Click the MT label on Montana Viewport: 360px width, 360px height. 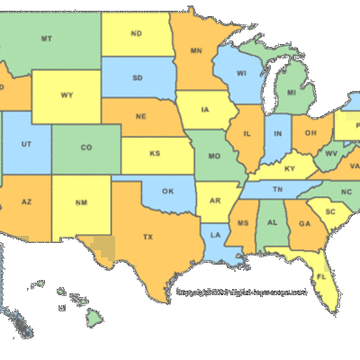[46, 39]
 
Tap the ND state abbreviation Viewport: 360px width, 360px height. [136, 34]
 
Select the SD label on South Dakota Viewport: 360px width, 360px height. [138, 77]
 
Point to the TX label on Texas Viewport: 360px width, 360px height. [147, 238]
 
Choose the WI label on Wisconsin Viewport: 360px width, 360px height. [241, 74]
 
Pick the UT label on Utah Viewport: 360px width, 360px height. [28, 144]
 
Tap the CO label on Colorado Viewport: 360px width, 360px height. [86, 147]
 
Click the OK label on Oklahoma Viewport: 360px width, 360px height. [167, 191]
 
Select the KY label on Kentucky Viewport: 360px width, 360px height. [290, 169]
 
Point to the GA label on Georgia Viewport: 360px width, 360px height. [305, 224]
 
